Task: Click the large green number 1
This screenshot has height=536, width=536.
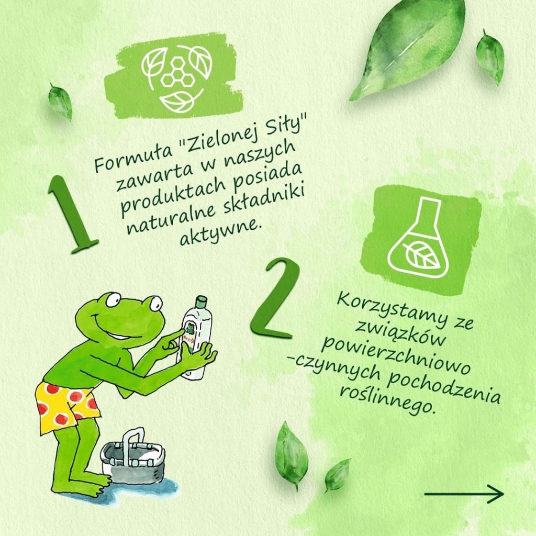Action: pyautogui.click(x=70, y=215)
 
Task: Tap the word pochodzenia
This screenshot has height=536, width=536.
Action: pyautogui.click(x=444, y=388)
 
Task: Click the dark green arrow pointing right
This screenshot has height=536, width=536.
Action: pyautogui.click(x=464, y=494)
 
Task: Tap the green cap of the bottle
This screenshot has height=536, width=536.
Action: pyautogui.click(x=200, y=301)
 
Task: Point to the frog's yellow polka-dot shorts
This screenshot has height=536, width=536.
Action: pyautogui.click(x=66, y=406)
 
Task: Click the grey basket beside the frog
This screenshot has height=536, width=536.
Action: pyautogui.click(x=133, y=458)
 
